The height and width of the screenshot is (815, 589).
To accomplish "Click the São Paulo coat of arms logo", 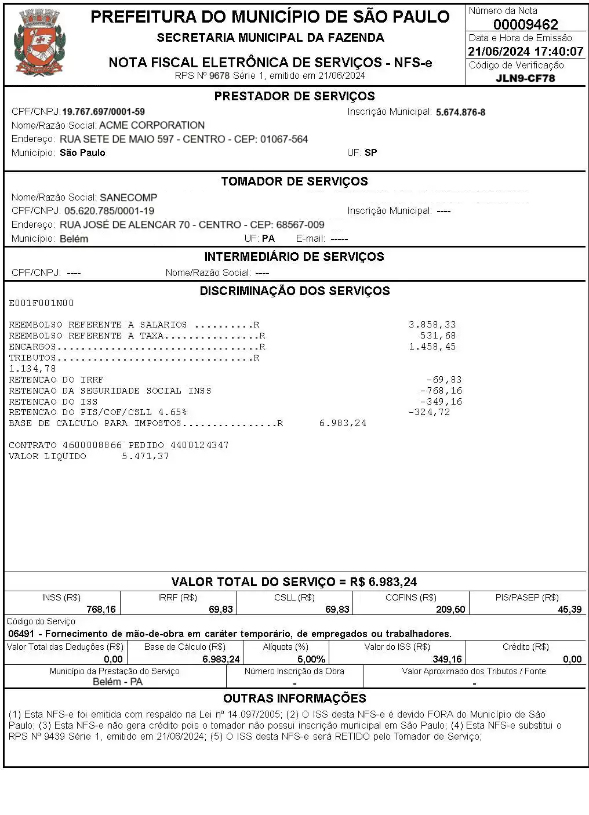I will pos(39,43).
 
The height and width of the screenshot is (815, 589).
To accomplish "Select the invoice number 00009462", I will pos(525,24).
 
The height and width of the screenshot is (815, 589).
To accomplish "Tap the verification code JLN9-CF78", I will pos(525,78).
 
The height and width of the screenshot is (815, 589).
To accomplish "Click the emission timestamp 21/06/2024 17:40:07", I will pos(525,52).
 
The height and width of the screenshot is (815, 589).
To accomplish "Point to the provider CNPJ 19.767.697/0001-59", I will pos(103,112).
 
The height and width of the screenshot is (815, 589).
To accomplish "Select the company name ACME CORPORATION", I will pos(152,125).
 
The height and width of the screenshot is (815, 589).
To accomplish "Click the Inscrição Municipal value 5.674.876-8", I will pos(460,112).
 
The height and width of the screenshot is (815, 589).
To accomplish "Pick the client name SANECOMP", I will pos(128,198).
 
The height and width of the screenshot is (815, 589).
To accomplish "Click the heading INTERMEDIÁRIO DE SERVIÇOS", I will pos(294,257).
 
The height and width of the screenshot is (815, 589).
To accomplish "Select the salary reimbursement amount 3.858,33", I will pos(432,325).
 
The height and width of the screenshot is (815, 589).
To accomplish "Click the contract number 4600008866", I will pos(92,445).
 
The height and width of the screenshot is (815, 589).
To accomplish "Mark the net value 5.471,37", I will pos(146,456).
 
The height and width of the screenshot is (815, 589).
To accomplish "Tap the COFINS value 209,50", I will pos(450,609).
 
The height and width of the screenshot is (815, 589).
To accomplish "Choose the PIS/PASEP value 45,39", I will pos(569,609).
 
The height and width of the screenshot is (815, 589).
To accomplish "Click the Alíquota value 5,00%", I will pos(311,659).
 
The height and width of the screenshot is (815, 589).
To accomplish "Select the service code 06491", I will pos(20,634).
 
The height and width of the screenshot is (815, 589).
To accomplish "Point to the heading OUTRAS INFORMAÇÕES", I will pos(294,698).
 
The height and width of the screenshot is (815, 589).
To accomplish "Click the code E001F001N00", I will pos(41,303).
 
